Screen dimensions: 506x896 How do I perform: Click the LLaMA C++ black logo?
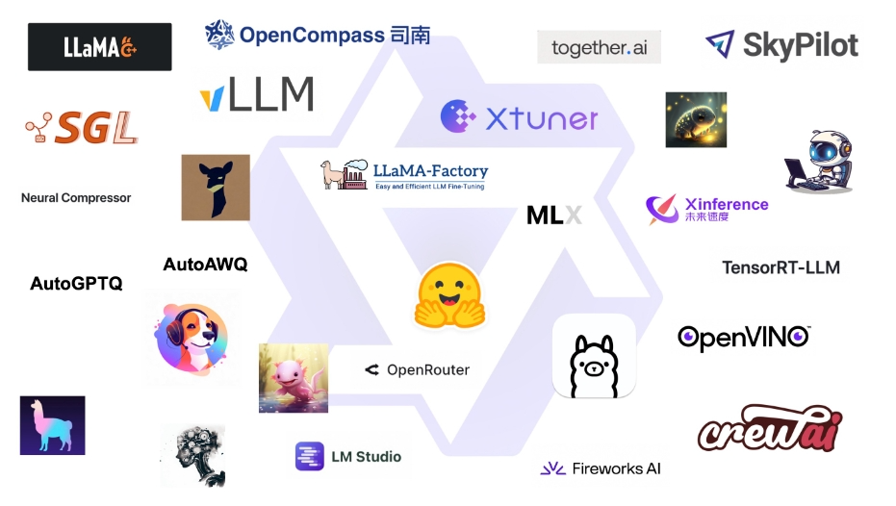click(99, 46)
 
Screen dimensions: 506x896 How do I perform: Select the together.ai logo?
click(599, 47)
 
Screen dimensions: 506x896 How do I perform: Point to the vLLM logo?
click(257, 95)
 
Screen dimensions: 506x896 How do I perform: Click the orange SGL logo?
click(82, 128)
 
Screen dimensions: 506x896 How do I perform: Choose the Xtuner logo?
click(520, 117)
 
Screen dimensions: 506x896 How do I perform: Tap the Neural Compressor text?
click(76, 198)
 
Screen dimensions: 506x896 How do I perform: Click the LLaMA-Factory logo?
click(405, 174)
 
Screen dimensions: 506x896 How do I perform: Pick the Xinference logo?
click(707, 209)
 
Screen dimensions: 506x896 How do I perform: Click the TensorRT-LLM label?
click(781, 267)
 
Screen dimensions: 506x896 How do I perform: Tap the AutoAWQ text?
click(205, 264)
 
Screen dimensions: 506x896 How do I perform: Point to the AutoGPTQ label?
click(76, 284)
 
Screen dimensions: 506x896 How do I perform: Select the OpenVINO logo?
click(743, 337)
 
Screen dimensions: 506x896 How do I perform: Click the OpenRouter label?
click(417, 369)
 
